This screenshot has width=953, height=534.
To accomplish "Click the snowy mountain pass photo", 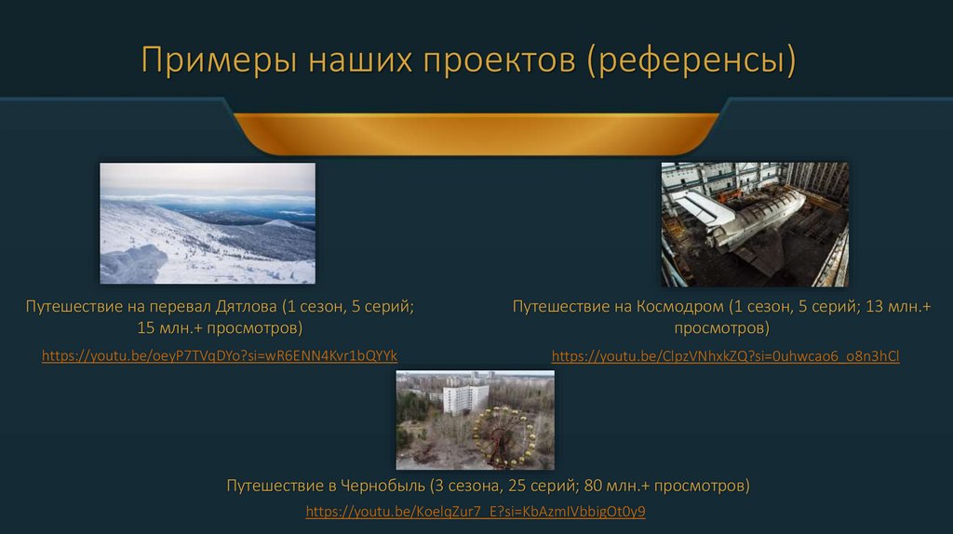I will pyautogui.click(x=208, y=223).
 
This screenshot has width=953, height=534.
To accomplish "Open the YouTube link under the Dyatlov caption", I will pyautogui.click(x=220, y=355).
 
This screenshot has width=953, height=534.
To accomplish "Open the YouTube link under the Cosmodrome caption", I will pyautogui.click(x=725, y=355).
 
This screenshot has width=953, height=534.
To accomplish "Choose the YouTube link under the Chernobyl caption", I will pyautogui.click(x=476, y=512).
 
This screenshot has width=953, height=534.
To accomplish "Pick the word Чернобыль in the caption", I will pyautogui.click(x=381, y=486).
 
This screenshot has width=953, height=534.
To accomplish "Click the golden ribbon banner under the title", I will pyautogui.click(x=476, y=132).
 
